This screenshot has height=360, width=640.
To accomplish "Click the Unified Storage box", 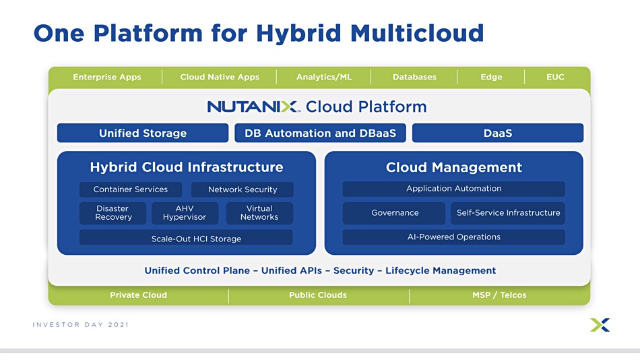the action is tap(143, 133).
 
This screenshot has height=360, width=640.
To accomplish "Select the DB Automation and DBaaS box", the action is tap(321, 133).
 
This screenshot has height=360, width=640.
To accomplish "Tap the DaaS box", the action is tap(498, 133).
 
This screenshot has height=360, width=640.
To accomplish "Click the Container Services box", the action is tap(131, 189).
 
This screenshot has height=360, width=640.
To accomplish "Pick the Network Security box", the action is tap(243, 189).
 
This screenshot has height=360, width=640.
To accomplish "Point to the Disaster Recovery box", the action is tap(113, 213).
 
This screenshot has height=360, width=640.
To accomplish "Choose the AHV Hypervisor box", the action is tap(185, 213).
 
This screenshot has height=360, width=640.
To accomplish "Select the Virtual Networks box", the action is tap(259, 213).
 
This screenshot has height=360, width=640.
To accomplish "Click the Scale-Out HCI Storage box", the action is tap(186, 237).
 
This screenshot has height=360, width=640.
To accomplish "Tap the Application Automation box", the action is tap(454, 189).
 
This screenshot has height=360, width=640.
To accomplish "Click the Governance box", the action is tap(394, 213).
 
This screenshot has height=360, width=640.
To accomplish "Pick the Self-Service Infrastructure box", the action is tap(508, 213).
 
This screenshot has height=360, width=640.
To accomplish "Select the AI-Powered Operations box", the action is tap(454, 237).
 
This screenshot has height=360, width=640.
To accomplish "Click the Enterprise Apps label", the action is tap(107, 77).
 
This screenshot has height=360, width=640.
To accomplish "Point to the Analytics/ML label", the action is tap(324, 77).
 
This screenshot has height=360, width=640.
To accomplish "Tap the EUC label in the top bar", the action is tap(556, 77).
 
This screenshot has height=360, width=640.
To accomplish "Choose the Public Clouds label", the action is tap(318, 295).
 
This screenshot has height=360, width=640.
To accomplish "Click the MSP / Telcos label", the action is tap(499, 295).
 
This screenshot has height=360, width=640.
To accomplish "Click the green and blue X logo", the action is tap(600, 325).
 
